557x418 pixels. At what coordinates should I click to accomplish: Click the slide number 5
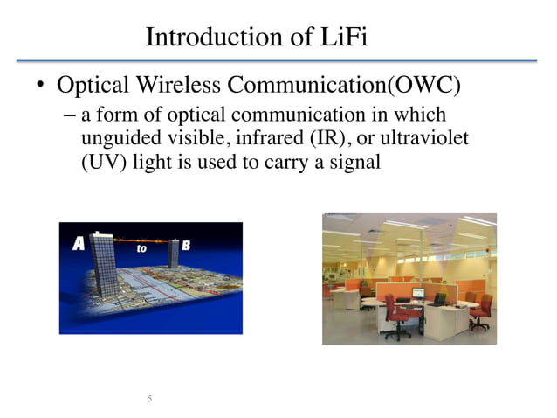pyautogui.click(x=149, y=400)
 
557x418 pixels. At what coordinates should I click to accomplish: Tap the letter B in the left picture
pyautogui.click(x=186, y=247)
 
